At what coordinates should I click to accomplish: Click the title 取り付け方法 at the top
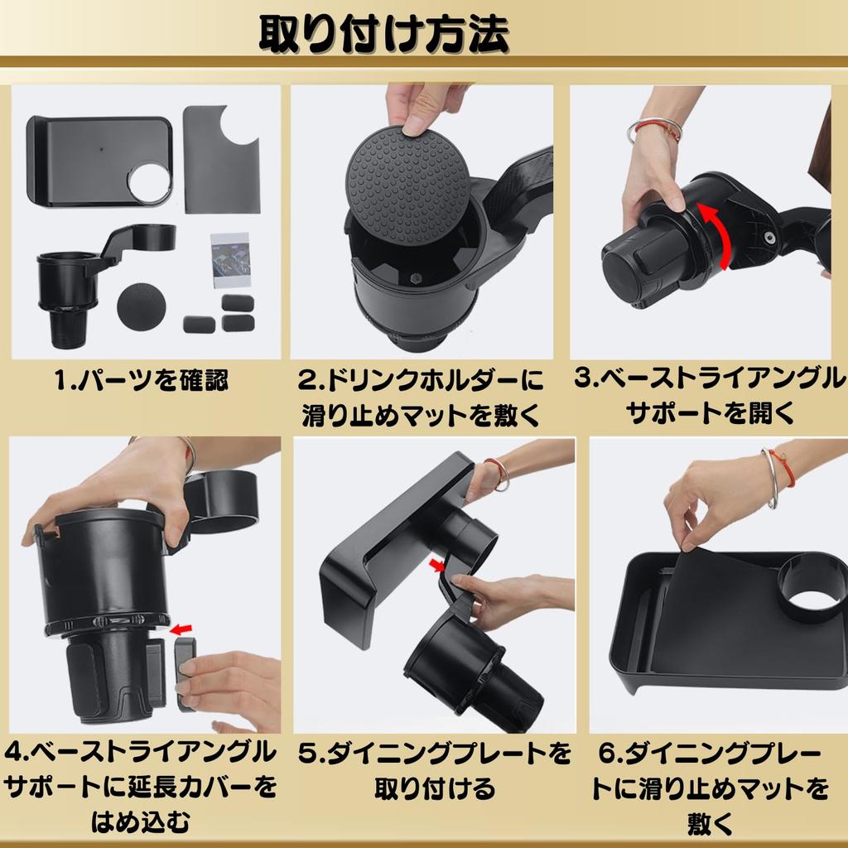tap(384, 34)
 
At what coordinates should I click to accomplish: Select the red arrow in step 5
tap(437, 566)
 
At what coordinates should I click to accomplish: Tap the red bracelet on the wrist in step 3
tap(656, 128)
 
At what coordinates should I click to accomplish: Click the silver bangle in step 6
tap(770, 479)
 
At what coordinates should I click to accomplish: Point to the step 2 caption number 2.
tap(308, 381)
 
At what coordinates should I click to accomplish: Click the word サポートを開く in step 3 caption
tap(710, 412)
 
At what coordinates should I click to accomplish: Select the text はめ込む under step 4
tap(141, 822)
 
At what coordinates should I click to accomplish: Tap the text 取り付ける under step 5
tap(434, 788)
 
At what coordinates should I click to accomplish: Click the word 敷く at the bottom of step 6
tap(710, 823)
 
